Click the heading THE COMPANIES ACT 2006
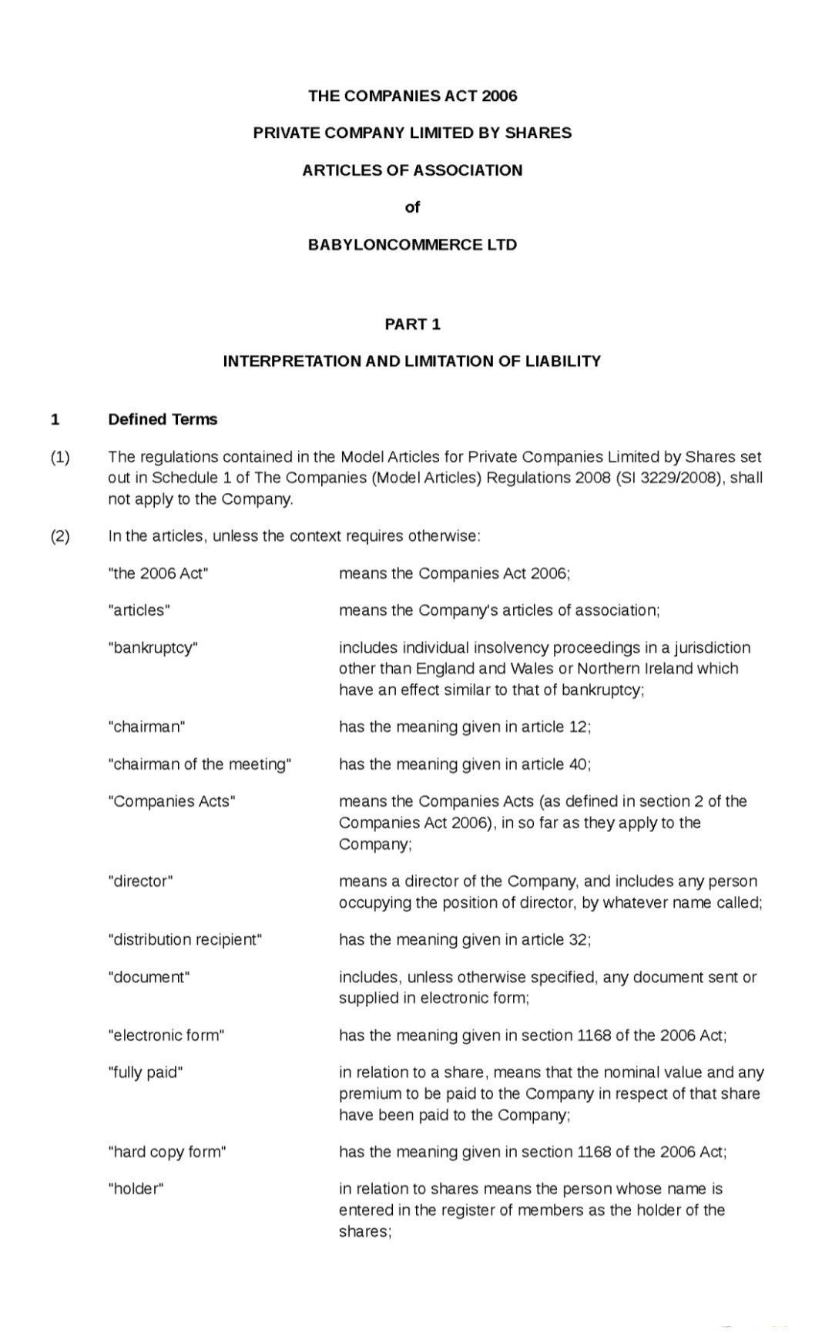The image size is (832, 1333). pyautogui.click(x=412, y=96)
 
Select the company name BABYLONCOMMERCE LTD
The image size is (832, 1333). pyautogui.click(x=412, y=245)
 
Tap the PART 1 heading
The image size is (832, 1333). pyautogui.click(x=412, y=324)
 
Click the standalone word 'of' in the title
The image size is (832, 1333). pyautogui.click(x=412, y=207)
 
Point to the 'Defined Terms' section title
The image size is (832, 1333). pyautogui.click(x=163, y=420)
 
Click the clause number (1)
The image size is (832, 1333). pyautogui.click(x=60, y=457)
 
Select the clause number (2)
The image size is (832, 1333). pyautogui.click(x=60, y=536)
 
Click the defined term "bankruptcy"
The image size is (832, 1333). pyautogui.click(x=153, y=648)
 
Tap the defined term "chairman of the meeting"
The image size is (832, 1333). pyautogui.click(x=200, y=764)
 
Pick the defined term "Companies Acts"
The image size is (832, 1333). pyautogui.click(x=172, y=801)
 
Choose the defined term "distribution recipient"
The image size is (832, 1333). pyautogui.click(x=185, y=940)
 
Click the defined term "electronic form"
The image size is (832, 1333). pyautogui.click(x=166, y=1036)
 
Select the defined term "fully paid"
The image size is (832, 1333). pyautogui.click(x=146, y=1073)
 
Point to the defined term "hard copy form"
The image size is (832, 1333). pyautogui.click(x=167, y=1153)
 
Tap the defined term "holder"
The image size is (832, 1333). pyautogui.click(x=136, y=1190)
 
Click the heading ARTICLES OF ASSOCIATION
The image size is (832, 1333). pyautogui.click(x=412, y=170)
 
